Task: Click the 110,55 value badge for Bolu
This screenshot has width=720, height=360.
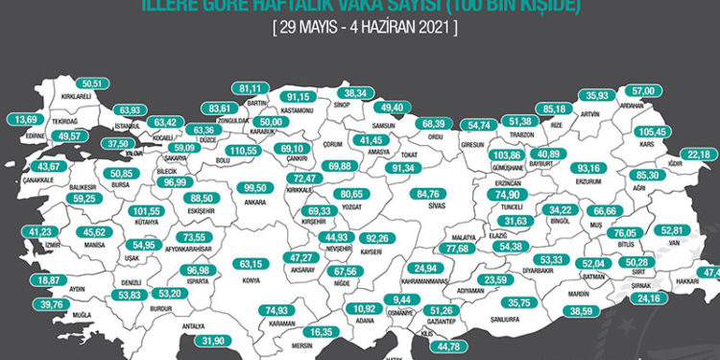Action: (248, 152)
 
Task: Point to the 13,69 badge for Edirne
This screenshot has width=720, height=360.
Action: (25, 120)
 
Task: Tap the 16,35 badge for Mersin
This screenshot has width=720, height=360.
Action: (322, 331)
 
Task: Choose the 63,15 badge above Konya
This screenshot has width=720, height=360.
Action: (251, 263)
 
